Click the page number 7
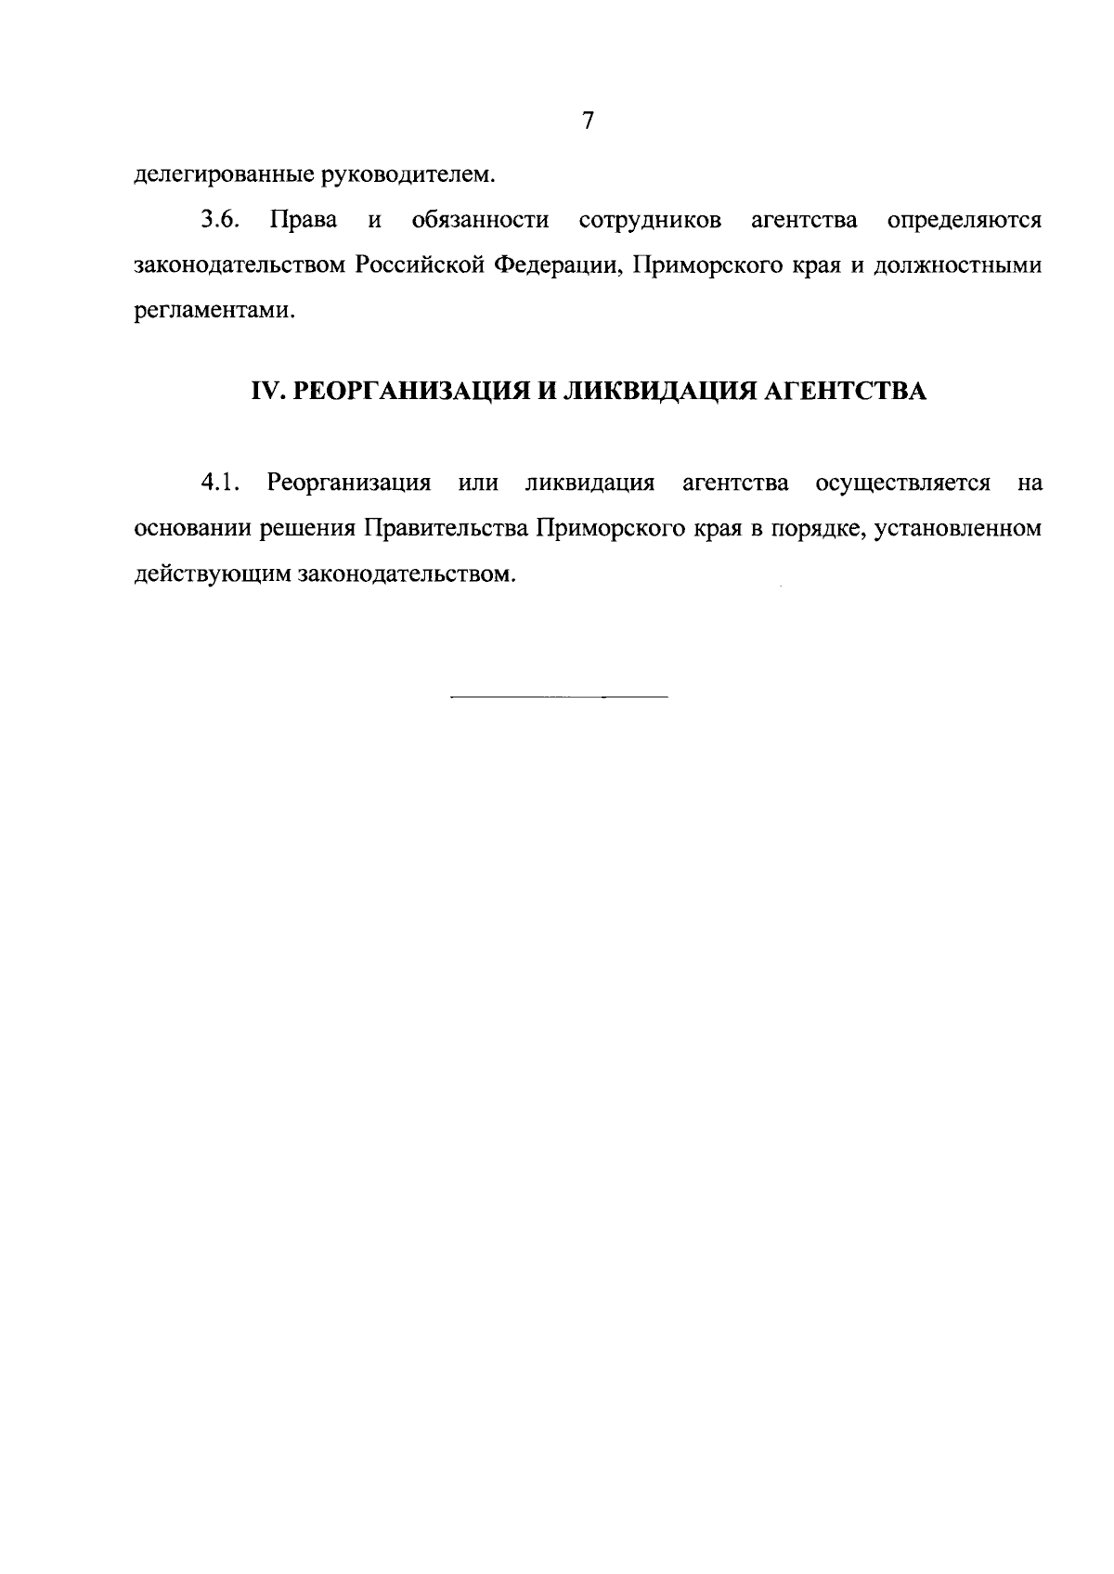[x=587, y=122]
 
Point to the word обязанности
[x=480, y=221]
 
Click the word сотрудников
[x=650, y=221]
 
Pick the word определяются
[x=964, y=221]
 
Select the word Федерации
[x=554, y=265]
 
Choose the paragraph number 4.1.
[x=220, y=484]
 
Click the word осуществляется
[x=902, y=484]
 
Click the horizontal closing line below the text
[x=558, y=696]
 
